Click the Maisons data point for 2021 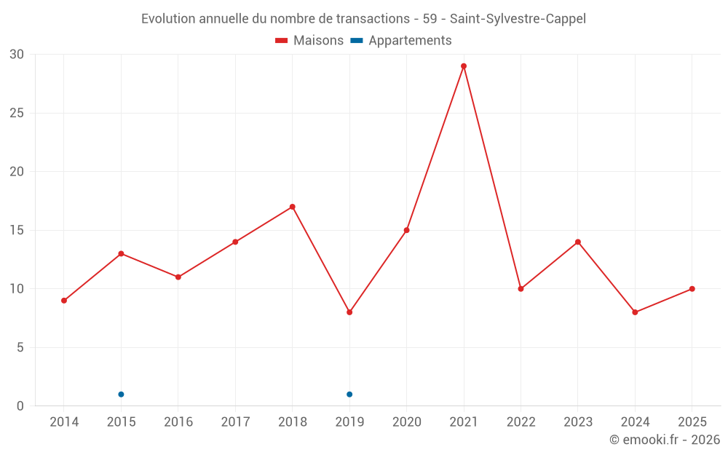pyautogui.click(x=464, y=66)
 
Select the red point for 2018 pyautogui.click(x=293, y=207)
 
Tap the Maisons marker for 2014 pyautogui.click(x=64, y=301)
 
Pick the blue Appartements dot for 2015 pyautogui.click(x=121, y=395)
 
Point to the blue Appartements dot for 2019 pyautogui.click(x=349, y=395)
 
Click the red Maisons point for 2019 pyautogui.click(x=349, y=312)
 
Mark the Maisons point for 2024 pyautogui.click(x=635, y=312)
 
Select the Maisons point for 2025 pyautogui.click(x=692, y=289)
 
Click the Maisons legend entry pyautogui.click(x=309, y=41)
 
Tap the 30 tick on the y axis pyautogui.click(x=17, y=55)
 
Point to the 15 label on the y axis pyautogui.click(x=17, y=231)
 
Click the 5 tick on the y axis pyautogui.click(x=20, y=348)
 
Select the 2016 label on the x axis pyautogui.click(x=178, y=422)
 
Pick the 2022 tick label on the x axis pyautogui.click(x=521, y=422)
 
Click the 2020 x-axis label pyautogui.click(x=406, y=422)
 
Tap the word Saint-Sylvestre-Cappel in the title pyautogui.click(x=518, y=19)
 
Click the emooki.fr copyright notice pyautogui.click(x=664, y=440)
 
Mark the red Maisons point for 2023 pyautogui.click(x=578, y=242)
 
